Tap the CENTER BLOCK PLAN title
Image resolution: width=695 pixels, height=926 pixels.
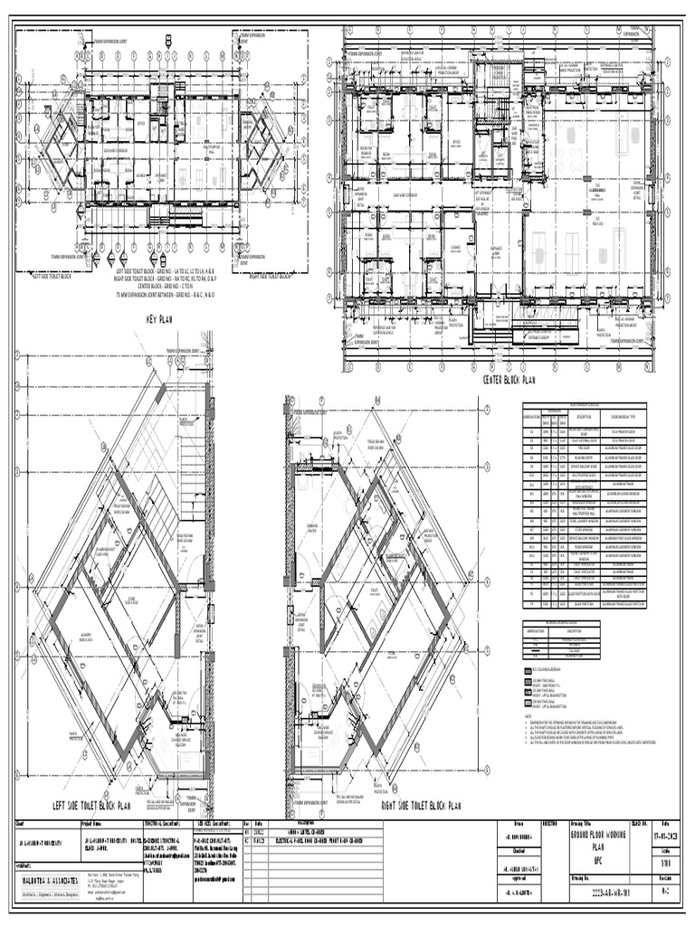click(509, 381)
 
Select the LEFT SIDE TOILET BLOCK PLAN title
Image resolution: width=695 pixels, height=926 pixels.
click(91, 804)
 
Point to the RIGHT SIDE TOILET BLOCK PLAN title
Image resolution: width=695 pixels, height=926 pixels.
click(423, 804)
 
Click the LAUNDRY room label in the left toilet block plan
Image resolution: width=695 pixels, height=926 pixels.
click(88, 634)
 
